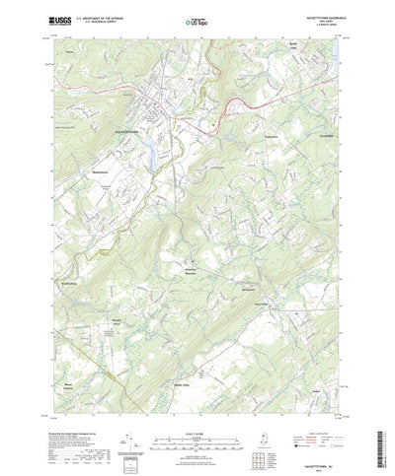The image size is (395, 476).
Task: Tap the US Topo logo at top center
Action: pyautogui.click(x=195, y=21)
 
